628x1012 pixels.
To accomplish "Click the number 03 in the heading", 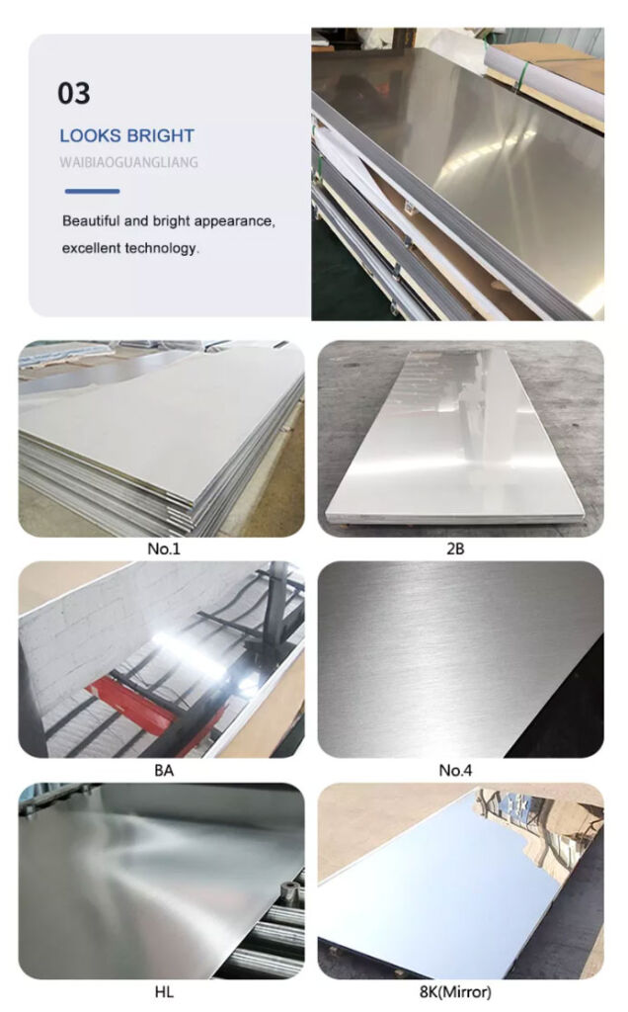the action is [73, 94].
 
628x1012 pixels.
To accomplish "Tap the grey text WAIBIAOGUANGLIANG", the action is [129, 162].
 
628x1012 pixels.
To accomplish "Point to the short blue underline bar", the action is [92, 191].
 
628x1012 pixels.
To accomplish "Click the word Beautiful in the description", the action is [91, 220].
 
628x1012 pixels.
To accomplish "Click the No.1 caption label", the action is [164, 548].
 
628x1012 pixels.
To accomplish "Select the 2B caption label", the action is [455, 548].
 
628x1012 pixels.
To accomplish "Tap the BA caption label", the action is [164, 770].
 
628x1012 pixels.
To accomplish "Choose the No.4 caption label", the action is [455, 770].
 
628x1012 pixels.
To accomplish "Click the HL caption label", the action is [164, 992].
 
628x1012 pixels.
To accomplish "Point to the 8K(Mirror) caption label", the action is [455, 992].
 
